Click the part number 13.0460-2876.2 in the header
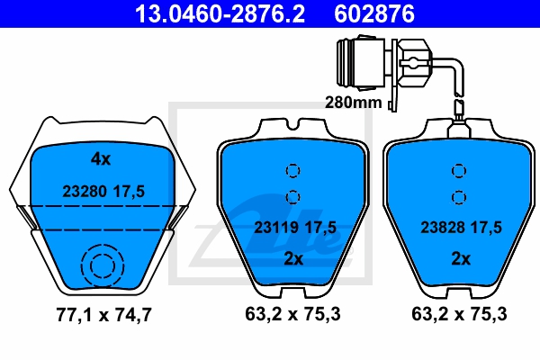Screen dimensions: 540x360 [220, 14]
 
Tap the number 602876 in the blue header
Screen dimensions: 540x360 [374, 14]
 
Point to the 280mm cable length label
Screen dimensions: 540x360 [354, 103]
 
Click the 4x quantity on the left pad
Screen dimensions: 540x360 [101, 159]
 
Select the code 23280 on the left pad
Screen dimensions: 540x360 [85, 191]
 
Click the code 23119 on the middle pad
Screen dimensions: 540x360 [276, 228]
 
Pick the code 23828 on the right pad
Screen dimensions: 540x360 [443, 228]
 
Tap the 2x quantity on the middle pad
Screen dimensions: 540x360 [293, 258]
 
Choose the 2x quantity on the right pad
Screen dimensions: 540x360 [461, 258]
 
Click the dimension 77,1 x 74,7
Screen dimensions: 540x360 [103, 315]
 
